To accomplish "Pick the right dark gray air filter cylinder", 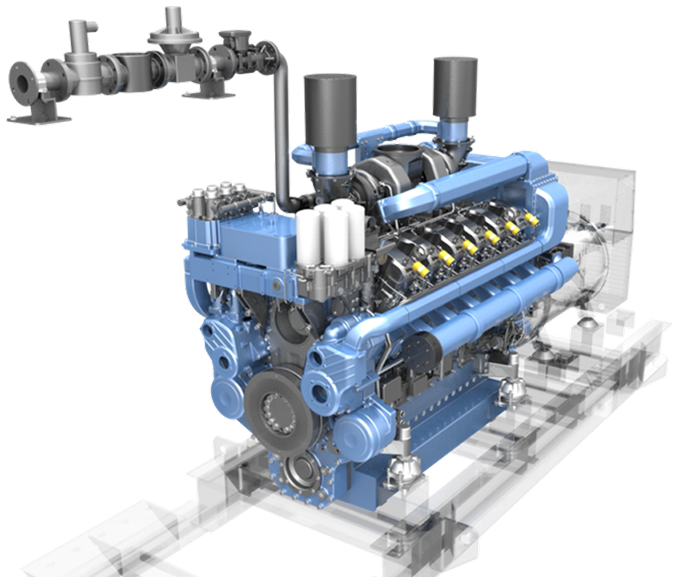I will click(456, 87).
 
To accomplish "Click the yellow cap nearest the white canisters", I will click(420, 269).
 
